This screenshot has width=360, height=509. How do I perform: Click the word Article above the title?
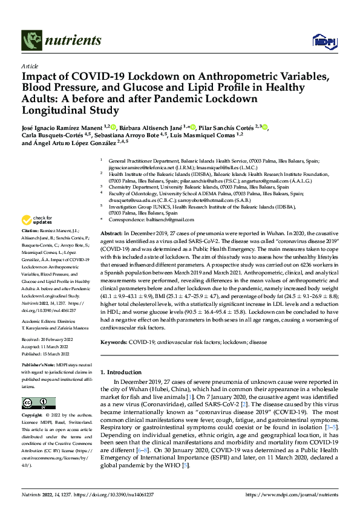pos(30,66)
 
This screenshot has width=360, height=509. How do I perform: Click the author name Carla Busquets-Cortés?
pos(54,137)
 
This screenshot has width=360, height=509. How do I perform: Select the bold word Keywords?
pos(114,342)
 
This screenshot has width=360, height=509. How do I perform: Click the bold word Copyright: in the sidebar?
pos(33,416)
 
